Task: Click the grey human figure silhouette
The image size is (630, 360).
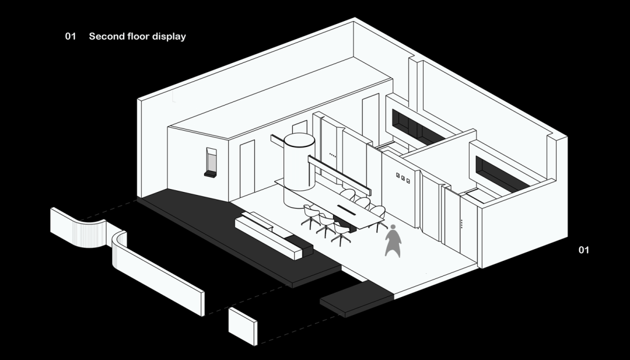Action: click(394, 240)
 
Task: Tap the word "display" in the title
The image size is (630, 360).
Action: click(169, 36)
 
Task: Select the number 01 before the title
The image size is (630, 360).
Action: click(71, 36)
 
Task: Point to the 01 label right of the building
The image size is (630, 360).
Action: click(583, 250)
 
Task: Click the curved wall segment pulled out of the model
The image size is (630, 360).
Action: click(79, 229)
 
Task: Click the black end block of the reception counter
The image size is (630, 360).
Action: click(303, 249)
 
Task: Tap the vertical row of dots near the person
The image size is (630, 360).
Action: click(462, 223)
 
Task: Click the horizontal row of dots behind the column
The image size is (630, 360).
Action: click(332, 155)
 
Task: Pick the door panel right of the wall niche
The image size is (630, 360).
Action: click(247, 166)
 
